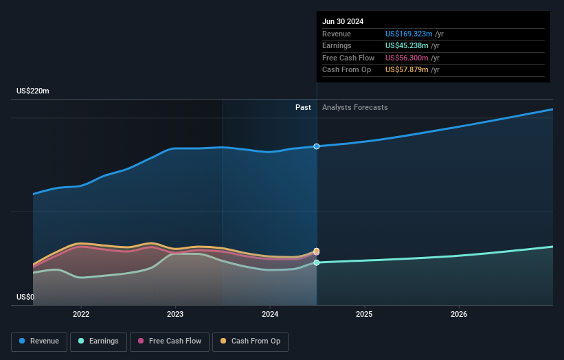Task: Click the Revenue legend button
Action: pyautogui.click(x=39, y=341)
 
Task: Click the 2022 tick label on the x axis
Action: pyautogui.click(x=81, y=315)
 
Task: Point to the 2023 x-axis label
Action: pyautogui.click(x=175, y=315)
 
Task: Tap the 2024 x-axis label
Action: pyautogui.click(x=270, y=315)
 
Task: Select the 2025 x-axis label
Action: pyautogui.click(x=364, y=315)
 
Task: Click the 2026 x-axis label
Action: pyautogui.click(x=459, y=315)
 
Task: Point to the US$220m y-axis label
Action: pyautogui.click(x=33, y=91)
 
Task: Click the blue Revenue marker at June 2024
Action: pyautogui.click(x=317, y=146)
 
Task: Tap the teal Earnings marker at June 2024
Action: pyautogui.click(x=317, y=262)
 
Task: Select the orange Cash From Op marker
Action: pyautogui.click(x=317, y=251)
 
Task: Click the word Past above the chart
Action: pyautogui.click(x=303, y=108)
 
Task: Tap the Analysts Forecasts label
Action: pyautogui.click(x=354, y=108)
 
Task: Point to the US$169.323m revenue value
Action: pyautogui.click(x=409, y=34)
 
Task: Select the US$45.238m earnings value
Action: pyautogui.click(x=407, y=46)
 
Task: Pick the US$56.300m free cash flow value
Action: pyautogui.click(x=407, y=58)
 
